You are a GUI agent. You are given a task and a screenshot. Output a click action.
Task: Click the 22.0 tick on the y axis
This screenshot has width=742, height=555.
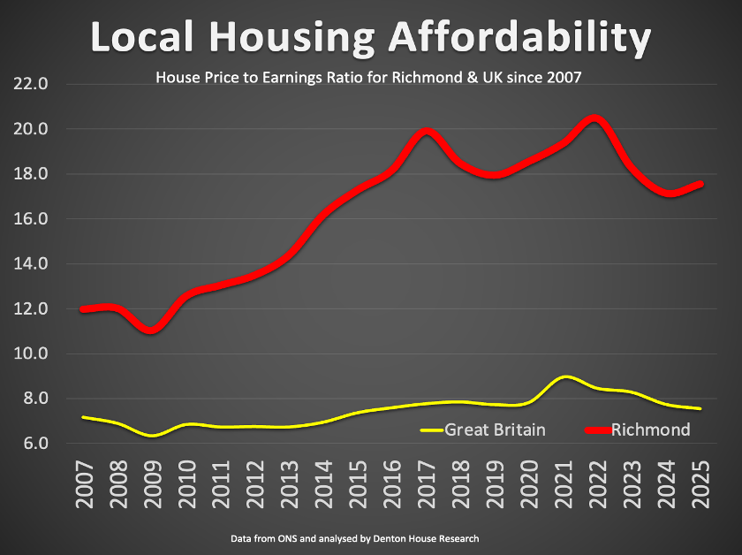(29, 85)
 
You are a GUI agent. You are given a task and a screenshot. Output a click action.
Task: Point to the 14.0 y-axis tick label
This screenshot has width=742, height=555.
(29, 264)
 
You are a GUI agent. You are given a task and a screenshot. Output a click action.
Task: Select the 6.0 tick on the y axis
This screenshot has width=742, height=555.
(29, 444)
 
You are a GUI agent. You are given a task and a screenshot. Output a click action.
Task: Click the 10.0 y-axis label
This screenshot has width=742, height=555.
(29, 354)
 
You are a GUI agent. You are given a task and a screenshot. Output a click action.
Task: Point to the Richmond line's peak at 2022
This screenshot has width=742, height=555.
(596, 118)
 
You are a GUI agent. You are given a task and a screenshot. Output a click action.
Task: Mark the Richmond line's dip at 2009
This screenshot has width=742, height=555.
(152, 330)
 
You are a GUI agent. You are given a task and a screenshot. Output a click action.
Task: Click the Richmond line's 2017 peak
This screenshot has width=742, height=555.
(427, 133)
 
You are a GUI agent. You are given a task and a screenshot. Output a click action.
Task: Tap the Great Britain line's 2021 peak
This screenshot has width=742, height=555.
(564, 377)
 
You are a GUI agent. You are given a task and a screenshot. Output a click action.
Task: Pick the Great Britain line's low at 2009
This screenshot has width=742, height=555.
(152, 436)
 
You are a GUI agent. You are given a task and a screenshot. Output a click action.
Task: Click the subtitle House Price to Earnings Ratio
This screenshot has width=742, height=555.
(368, 78)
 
